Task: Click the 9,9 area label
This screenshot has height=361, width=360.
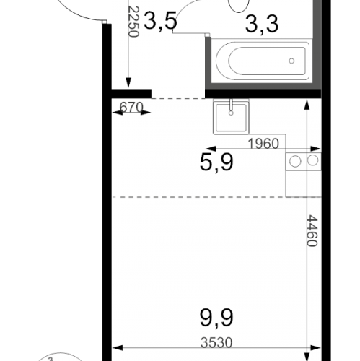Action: coord(216,318)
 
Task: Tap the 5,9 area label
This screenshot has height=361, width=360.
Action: coord(216,162)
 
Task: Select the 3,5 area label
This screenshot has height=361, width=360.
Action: coord(160,21)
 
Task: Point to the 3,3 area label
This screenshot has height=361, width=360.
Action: coord(262,24)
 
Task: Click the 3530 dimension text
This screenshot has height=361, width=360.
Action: coord(216,343)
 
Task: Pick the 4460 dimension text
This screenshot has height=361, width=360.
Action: coord(312,231)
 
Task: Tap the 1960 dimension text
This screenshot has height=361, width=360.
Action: coord(263,144)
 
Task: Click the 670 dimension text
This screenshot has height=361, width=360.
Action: coord(131,107)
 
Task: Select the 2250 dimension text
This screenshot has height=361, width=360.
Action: coord(133,22)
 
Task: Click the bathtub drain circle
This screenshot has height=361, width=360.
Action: coord(291,61)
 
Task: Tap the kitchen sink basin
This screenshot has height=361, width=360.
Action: coord(231,118)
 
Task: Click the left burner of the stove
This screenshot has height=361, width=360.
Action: coord(295,161)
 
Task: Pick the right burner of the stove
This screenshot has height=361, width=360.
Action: coord(313,160)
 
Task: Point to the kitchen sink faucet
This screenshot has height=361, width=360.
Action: coord(231,107)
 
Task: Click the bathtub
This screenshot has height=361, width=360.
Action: coord(263,61)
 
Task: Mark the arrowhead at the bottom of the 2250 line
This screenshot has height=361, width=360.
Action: coord(128,82)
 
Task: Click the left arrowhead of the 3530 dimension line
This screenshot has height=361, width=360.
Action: coord(118,348)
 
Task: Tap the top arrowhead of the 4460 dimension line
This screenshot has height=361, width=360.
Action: coord(307,105)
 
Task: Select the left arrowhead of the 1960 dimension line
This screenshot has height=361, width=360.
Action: coord(211,149)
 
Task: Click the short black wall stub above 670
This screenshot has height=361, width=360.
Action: coord(131,94)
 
